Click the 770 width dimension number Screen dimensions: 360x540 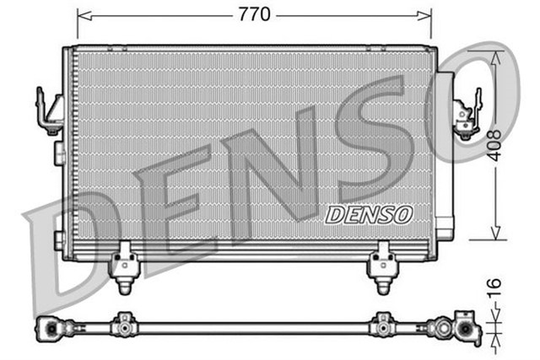click(253, 14)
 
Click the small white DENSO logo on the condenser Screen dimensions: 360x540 click(369, 214)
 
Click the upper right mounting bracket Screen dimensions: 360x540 click(466, 113)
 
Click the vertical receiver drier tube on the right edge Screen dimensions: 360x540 click(444, 152)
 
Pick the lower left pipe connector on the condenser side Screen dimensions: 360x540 click(59, 240)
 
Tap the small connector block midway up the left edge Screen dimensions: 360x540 click(59, 153)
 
